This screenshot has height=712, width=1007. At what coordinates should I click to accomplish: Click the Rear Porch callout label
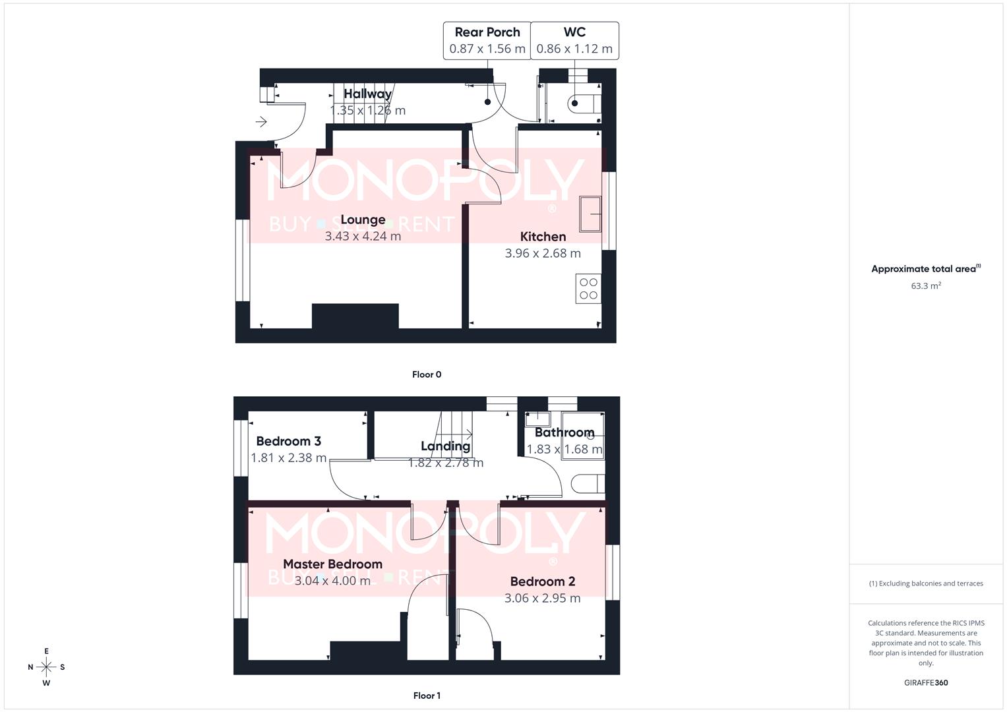(x=487, y=32)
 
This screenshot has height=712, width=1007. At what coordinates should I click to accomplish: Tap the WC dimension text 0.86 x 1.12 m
(x=574, y=49)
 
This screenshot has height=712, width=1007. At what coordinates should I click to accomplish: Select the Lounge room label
(x=363, y=220)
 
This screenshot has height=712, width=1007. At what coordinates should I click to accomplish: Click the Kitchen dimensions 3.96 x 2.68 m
(x=543, y=253)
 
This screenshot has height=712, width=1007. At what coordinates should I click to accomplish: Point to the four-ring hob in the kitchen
(x=588, y=289)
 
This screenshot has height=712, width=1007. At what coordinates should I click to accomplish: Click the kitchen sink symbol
(x=590, y=214)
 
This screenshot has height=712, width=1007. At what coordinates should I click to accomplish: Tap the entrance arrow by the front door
(x=261, y=122)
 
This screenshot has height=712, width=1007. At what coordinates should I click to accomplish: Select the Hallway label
(x=367, y=94)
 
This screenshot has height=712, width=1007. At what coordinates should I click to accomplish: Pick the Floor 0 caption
(x=427, y=374)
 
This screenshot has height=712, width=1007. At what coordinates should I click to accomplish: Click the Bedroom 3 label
(x=288, y=441)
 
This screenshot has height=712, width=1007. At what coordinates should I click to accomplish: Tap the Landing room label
(x=445, y=446)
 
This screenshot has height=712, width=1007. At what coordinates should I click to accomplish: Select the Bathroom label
(x=565, y=432)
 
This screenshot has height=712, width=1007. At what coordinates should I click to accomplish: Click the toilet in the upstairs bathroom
(x=588, y=484)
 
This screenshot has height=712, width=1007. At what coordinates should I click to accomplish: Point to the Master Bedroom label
(x=332, y=564)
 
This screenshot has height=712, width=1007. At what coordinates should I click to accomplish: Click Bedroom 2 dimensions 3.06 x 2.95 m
(x=542, y=599)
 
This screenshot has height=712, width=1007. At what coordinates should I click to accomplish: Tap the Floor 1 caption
(x=427, y=696)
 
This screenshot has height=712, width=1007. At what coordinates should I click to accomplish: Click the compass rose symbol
(x=46, y=667)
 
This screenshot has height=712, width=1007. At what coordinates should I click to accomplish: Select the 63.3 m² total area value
(x=926, y=286)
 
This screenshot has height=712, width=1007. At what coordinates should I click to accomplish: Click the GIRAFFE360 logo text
(x=926, y=683)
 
